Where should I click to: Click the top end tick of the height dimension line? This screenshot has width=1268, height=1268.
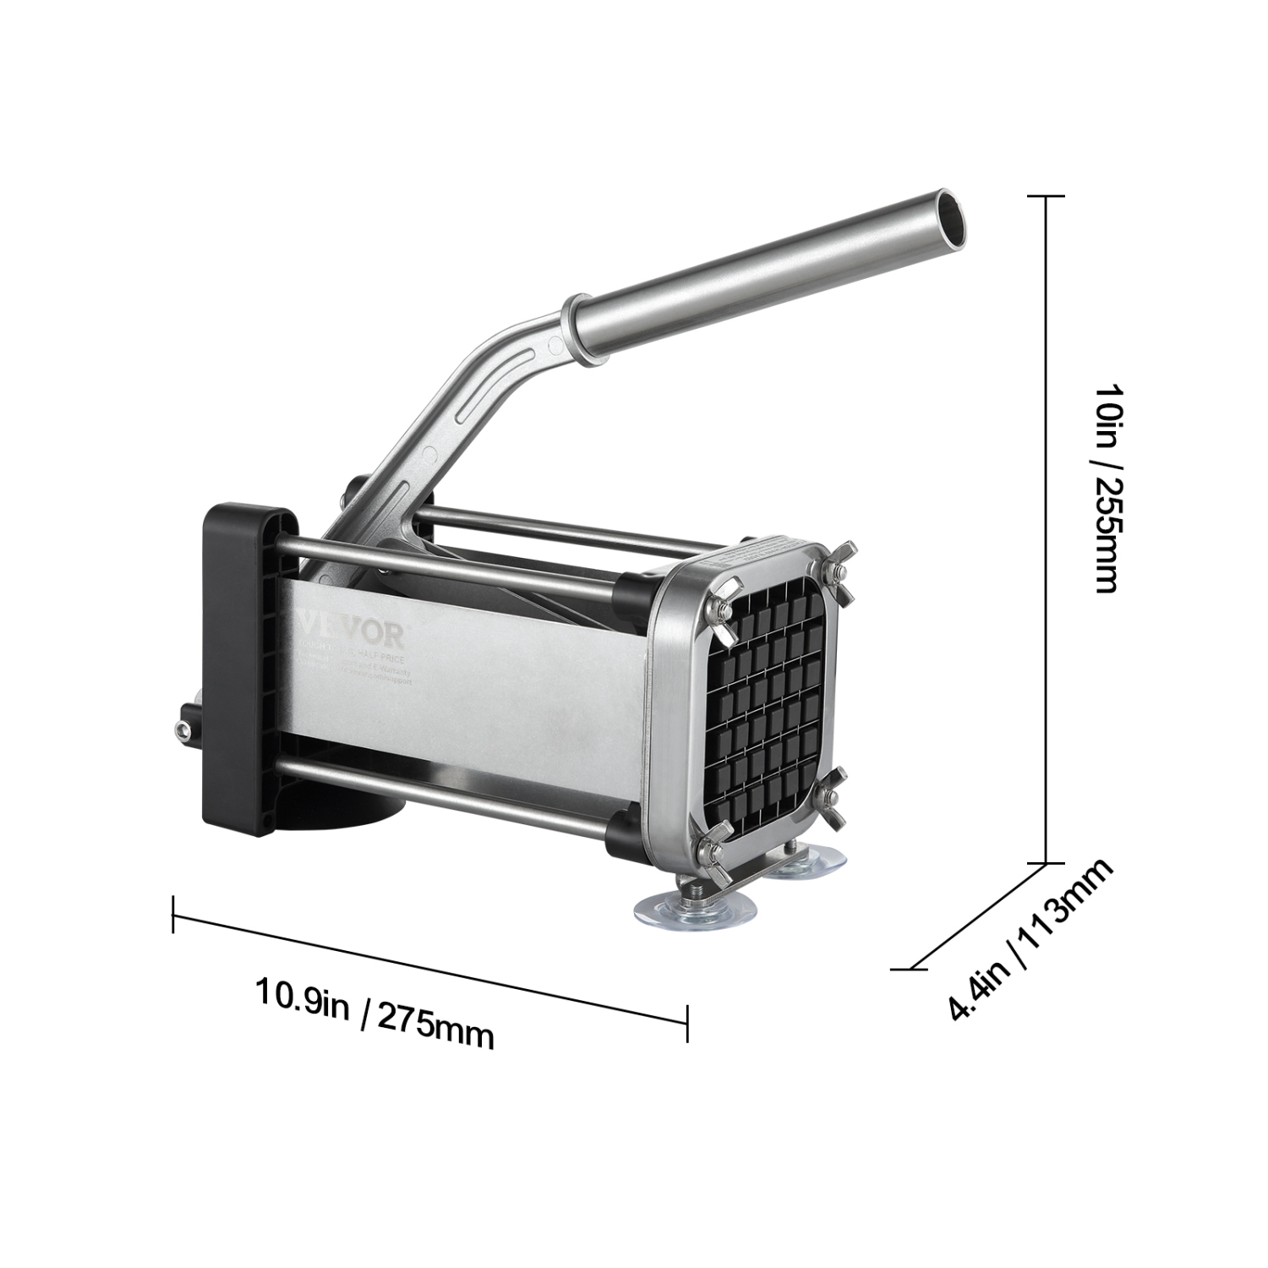point(1048,196)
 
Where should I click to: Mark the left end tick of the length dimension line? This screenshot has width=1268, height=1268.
point(173,915)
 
